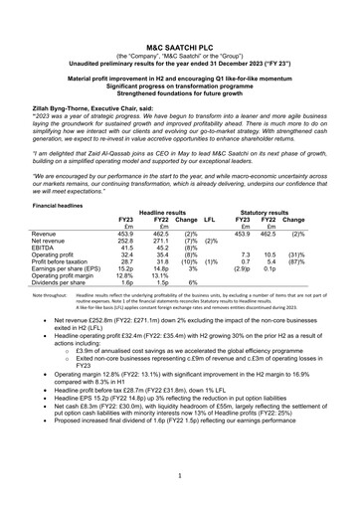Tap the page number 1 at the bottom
pyautogui.click(x=179, y=476)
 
